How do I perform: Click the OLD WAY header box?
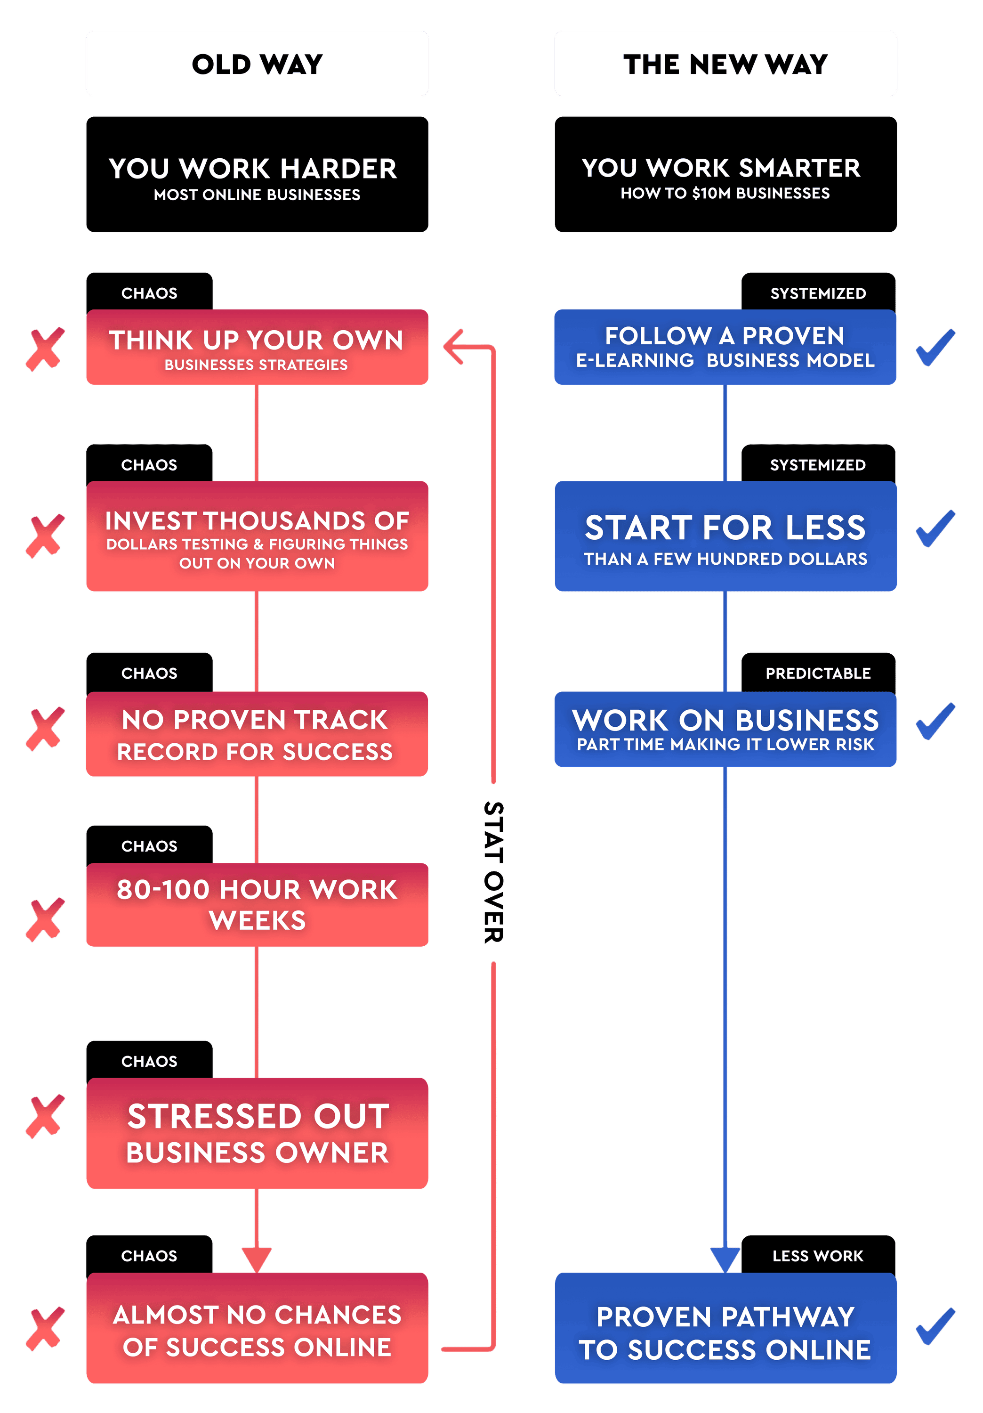point(257,64)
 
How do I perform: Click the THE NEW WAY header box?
point(725,64)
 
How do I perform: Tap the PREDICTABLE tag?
point(818,673)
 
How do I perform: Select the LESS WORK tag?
point(818,1256)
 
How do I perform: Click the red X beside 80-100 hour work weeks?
point(45,919)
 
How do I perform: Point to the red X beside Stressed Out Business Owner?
point(45,1116)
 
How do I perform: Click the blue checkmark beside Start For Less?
point(935,528)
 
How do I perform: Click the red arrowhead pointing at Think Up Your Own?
point(453,347)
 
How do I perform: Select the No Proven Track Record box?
point(257,734)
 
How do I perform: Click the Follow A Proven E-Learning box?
point(725,348)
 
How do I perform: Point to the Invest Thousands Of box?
point(257,536)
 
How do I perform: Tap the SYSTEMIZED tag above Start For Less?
point(818,464)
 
